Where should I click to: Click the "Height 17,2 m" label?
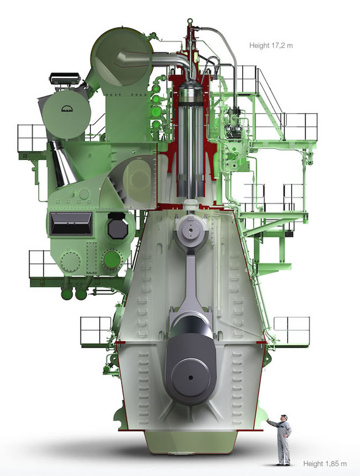pos(271,46)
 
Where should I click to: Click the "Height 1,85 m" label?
pos(325,464)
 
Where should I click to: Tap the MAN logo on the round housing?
pos(67,109)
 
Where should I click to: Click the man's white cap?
pos(284,416)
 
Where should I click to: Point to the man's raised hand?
pos(268,420)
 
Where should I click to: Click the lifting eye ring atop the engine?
pos(190,21)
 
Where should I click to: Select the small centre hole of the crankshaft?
pos(190,378)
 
